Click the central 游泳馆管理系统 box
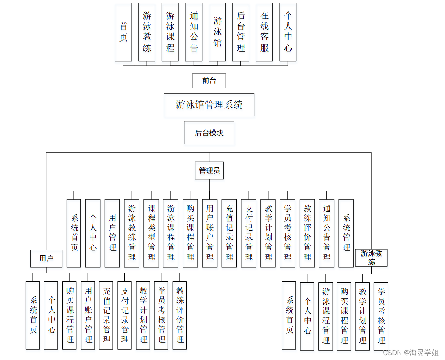(209, 105)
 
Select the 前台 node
(209, 81)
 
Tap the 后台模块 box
(209, 132)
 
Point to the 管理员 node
(209, 171)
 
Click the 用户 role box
(46, 258)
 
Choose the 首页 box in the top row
(123, 32)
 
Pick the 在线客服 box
(264, 32)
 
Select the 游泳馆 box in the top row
(217, 32)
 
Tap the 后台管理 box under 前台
(241, 32)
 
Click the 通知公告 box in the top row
(194, 32)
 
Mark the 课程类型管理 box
(151, 233)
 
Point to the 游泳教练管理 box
(132, 233)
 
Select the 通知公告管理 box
(327, 233)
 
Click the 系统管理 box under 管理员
(346, 233)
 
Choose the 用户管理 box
(112, 233)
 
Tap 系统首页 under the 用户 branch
(33, 315)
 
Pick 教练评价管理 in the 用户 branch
(180, 315)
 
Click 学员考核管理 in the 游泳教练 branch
(381, 316)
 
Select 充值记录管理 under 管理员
(229, 233)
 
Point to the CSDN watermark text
(411, 352)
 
